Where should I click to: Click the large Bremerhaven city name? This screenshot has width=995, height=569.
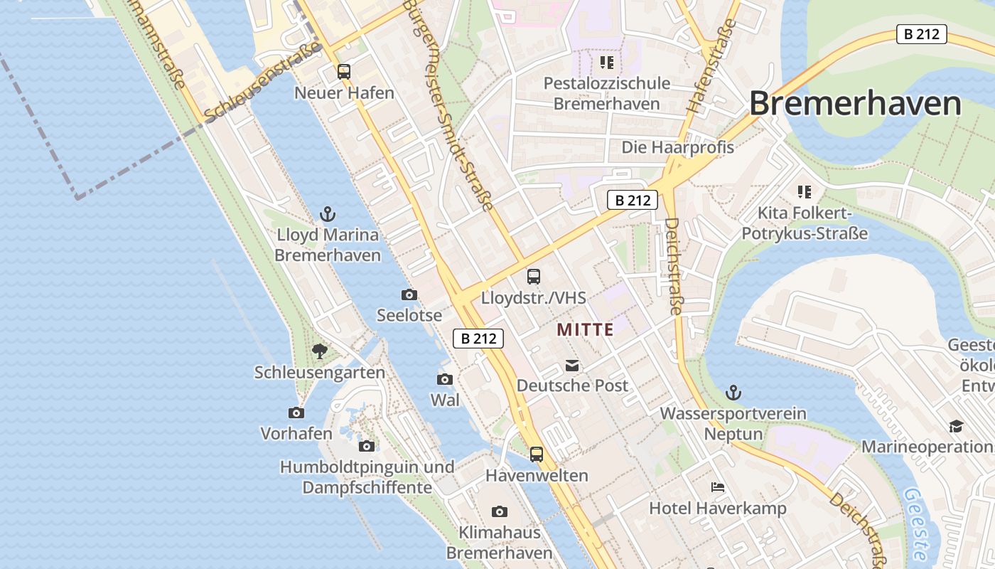point(855,104)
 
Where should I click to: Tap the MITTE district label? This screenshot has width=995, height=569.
point(585,330)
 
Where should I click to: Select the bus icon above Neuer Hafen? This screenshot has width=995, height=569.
point(344,71)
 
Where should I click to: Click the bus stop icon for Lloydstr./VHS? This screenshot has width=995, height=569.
point(534,277)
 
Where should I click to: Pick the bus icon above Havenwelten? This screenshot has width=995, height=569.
point(537,454)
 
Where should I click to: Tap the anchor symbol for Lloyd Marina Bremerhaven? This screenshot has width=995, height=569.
point(327,213)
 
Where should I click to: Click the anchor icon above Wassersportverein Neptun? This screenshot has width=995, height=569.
point(733,393)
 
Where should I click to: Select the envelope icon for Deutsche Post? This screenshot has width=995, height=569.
point(572,366)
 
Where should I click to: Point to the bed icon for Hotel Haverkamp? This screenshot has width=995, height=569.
point(718,487)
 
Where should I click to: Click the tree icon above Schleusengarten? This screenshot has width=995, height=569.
point(320,351)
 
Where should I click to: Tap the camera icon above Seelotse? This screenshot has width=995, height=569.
point(409,294)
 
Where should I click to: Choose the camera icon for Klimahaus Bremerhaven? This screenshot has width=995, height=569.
point(500,511)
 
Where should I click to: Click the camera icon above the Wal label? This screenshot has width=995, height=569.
point(445,379)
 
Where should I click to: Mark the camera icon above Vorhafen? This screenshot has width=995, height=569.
point(296,413)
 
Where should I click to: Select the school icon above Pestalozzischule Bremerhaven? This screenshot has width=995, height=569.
point(606,63)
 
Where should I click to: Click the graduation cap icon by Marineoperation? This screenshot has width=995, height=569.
point(956,426)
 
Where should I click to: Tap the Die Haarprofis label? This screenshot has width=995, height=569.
point(677,147)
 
